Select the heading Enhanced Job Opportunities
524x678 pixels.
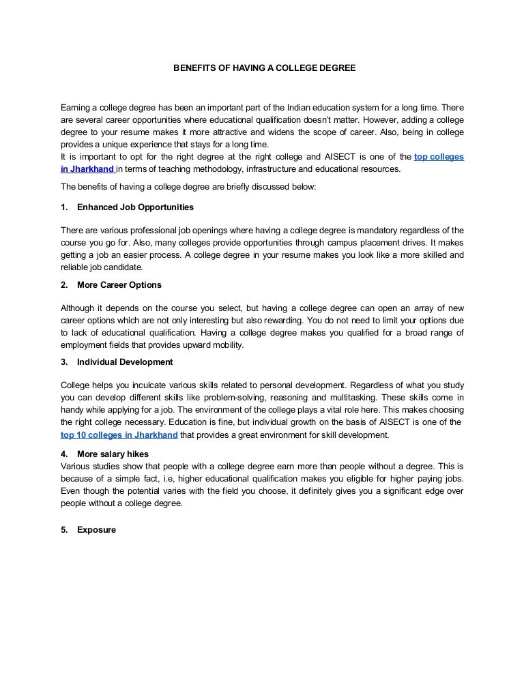click(135, 207)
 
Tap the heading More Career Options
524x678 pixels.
click(119, 284)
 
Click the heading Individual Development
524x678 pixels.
click(125, 362)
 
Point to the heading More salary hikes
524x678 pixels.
click(113, 454)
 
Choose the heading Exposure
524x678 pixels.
click(96, 529)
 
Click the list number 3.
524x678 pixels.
click(64, 362)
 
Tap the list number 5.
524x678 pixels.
click(64, 529)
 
